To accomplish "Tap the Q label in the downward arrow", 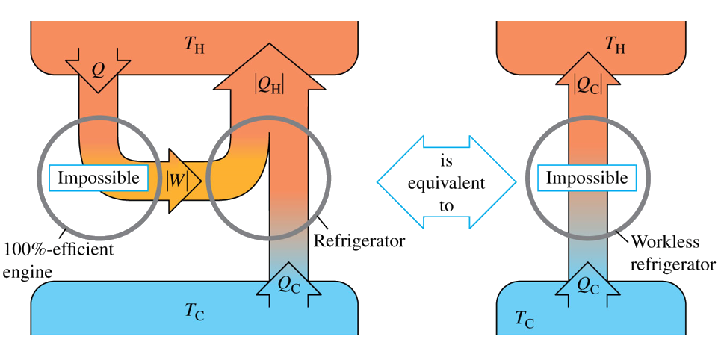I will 98,69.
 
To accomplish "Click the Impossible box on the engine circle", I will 99,179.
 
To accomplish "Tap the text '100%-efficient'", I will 59,249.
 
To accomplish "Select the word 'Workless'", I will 661,242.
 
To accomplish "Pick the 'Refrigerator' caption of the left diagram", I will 359,241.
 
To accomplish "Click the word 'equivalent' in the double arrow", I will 447,182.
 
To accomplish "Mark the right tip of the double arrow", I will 515,181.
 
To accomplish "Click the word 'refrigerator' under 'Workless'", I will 678,264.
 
